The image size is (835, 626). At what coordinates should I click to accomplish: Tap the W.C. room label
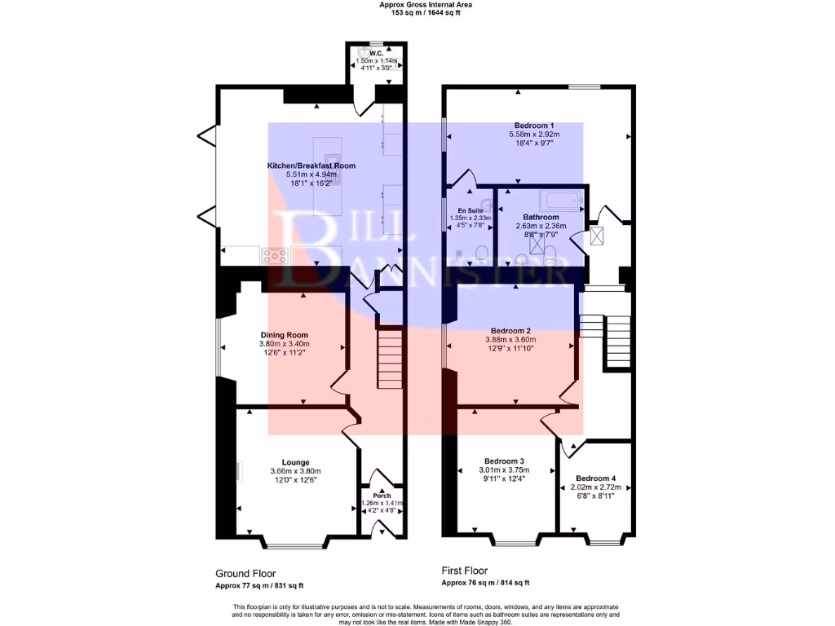coord(375,53)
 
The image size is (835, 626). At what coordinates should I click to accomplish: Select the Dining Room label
coord(284,335)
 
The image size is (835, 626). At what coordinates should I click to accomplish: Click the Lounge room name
coord(295,462)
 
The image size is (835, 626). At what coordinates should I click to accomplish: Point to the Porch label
coord(382,496)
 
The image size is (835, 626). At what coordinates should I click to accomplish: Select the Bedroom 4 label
coord(595,478)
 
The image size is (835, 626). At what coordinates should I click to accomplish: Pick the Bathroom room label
coord(539,217)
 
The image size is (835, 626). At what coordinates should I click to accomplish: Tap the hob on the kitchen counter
coord(276,254)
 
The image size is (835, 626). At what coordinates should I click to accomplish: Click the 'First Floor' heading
coord(465,571)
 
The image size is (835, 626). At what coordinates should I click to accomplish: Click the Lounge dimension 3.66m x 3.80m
coord(295,471)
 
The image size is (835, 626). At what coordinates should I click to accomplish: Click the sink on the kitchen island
coord(333,157)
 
